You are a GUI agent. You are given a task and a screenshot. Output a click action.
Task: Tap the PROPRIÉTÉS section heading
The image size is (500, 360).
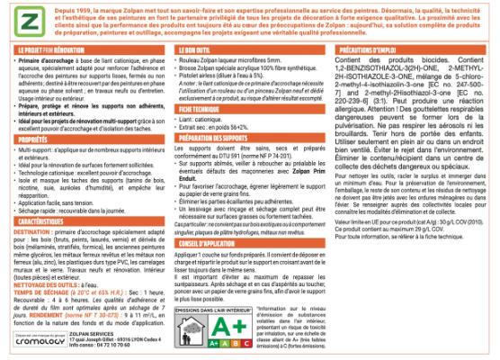(35, 140)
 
